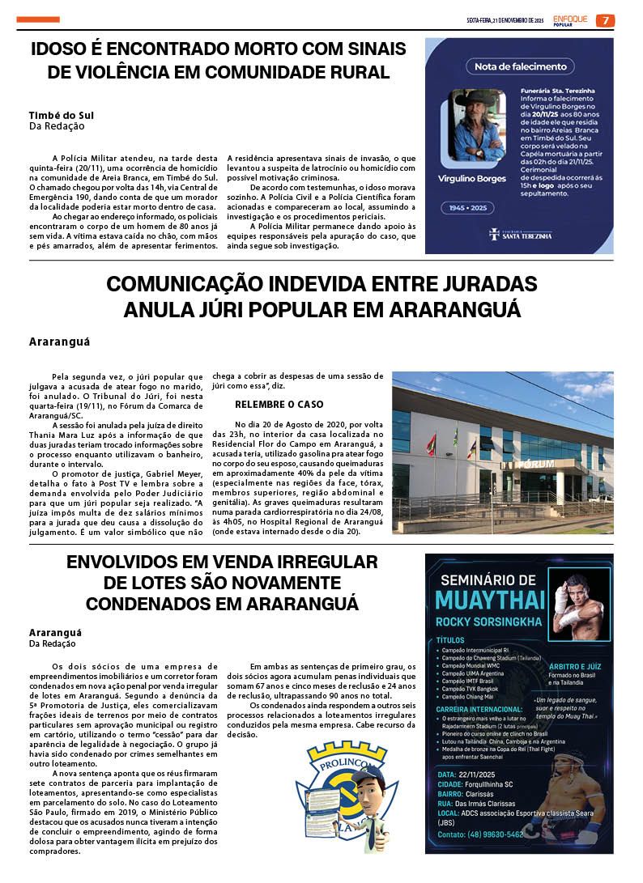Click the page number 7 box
pos(604,20)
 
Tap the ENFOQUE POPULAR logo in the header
pos(571,20)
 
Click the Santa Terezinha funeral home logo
pos(520,236)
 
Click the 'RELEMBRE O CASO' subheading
pos(279,404)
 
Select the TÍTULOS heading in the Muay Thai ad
pos(450,639)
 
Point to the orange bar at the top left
pos(38,19)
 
